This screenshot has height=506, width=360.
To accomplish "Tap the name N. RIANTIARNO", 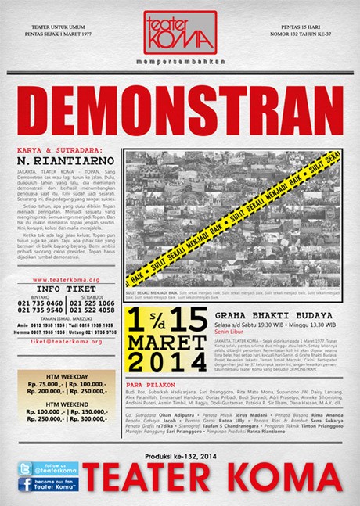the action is click(59, 160).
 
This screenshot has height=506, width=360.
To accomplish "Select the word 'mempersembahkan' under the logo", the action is click(179, 59).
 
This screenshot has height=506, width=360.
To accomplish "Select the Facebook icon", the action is click(25, 486).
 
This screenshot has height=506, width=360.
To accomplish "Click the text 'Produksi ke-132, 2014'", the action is click(179, 454).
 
